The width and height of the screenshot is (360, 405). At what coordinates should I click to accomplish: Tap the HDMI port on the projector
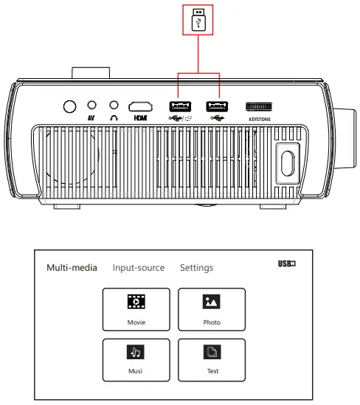pyautogui.click(x=140, y=106)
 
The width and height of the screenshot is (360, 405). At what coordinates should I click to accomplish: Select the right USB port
pyautogui.click(x=215, y=106)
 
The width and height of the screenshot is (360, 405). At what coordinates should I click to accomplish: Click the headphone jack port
pyautogui.click(x=114, y=106)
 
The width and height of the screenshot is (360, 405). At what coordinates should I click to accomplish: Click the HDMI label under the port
pyautogui.click(x=140, y=117)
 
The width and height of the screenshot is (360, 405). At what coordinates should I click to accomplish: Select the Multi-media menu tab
pyautogui.click(x=72, y=268)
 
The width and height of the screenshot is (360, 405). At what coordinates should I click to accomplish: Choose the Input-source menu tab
pyautogui.click(x=139, y=268)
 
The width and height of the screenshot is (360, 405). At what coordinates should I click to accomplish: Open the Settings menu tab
pyautogui.click(x=196, y=268)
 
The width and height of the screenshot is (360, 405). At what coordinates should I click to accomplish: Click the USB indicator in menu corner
pyautogui.click(x=286, y=264)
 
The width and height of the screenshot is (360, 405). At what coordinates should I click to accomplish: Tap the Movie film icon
pyautogui.click(x=136, y=301)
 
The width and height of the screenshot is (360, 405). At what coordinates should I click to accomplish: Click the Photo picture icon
pyautogui.click(x=212, y=301)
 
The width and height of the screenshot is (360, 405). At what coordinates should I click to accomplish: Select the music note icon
pyautogui.click(x=136, y=350)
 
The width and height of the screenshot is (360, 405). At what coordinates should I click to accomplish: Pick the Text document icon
pyautogui.click(x=212, y=350)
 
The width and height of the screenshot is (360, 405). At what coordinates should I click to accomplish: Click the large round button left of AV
pyautogui.click(x=69, y=106)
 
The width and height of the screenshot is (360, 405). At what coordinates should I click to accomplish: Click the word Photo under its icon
pyautogui.click(x=212, y=322)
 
